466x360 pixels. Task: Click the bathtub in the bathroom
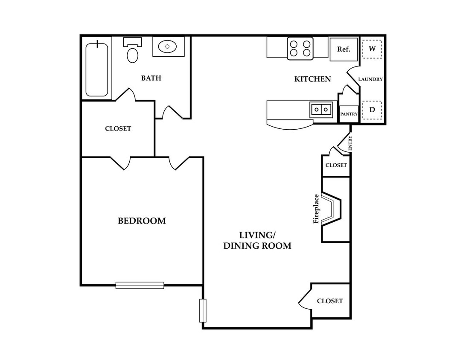pyautogui.click(x=97, y=70)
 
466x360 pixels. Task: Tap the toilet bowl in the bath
pyautogui.click(x=133, y=55)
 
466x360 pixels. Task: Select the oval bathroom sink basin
pyautogui.click(x=168, y=46)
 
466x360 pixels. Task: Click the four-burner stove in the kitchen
pyautogui.click(x=300, y=49)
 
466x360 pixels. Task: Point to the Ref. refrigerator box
pyautogui.click(x=344, y=49)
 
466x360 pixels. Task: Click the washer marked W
pyautogui.click(x=372, y=49)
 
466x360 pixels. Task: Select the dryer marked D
pyautogui.click(x=372, y=110)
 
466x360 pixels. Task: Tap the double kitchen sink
pyautogui.click(x=321, y=110)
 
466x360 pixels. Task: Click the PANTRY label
pyautogui.click(x=349, y=114)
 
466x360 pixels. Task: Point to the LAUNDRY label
pyautogui.click(x=370, y=79)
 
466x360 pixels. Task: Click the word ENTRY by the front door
pyautogui.click(x=350, y=143)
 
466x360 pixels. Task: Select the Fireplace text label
pyautogui.click(x=316, y=209)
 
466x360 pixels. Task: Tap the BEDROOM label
pyautogui.click(x=142, y=221)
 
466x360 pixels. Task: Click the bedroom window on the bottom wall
pyautogui.click(x=140, y=285)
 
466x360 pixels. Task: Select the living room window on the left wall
pyautogui.click(x=203, y=311)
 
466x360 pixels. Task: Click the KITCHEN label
pyautogui.click(x=313, y=79)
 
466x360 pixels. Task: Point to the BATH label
pyautogui.click(x=151, y=78)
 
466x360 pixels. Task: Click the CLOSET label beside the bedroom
pyautogui.click(x=118, y=129)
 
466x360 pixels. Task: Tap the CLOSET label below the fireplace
pyautogui.click(x=330, y=301)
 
